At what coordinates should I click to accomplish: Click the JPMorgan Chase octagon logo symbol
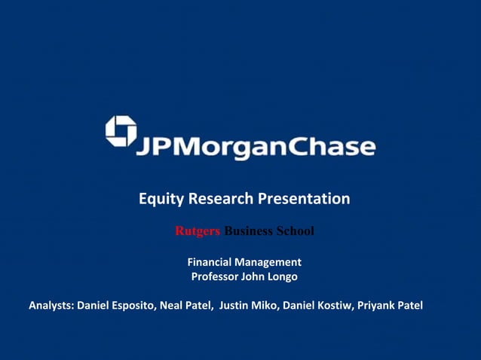(121, 131)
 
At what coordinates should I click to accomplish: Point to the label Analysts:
(52, 306)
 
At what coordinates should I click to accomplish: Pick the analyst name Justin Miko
(248, 306)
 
